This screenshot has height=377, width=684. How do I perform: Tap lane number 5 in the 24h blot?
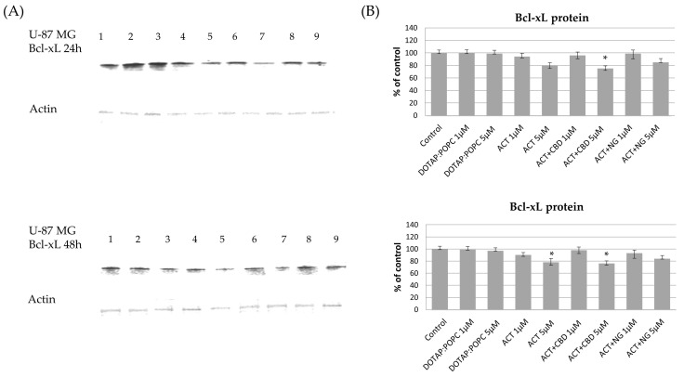click(x=210, y=36)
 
